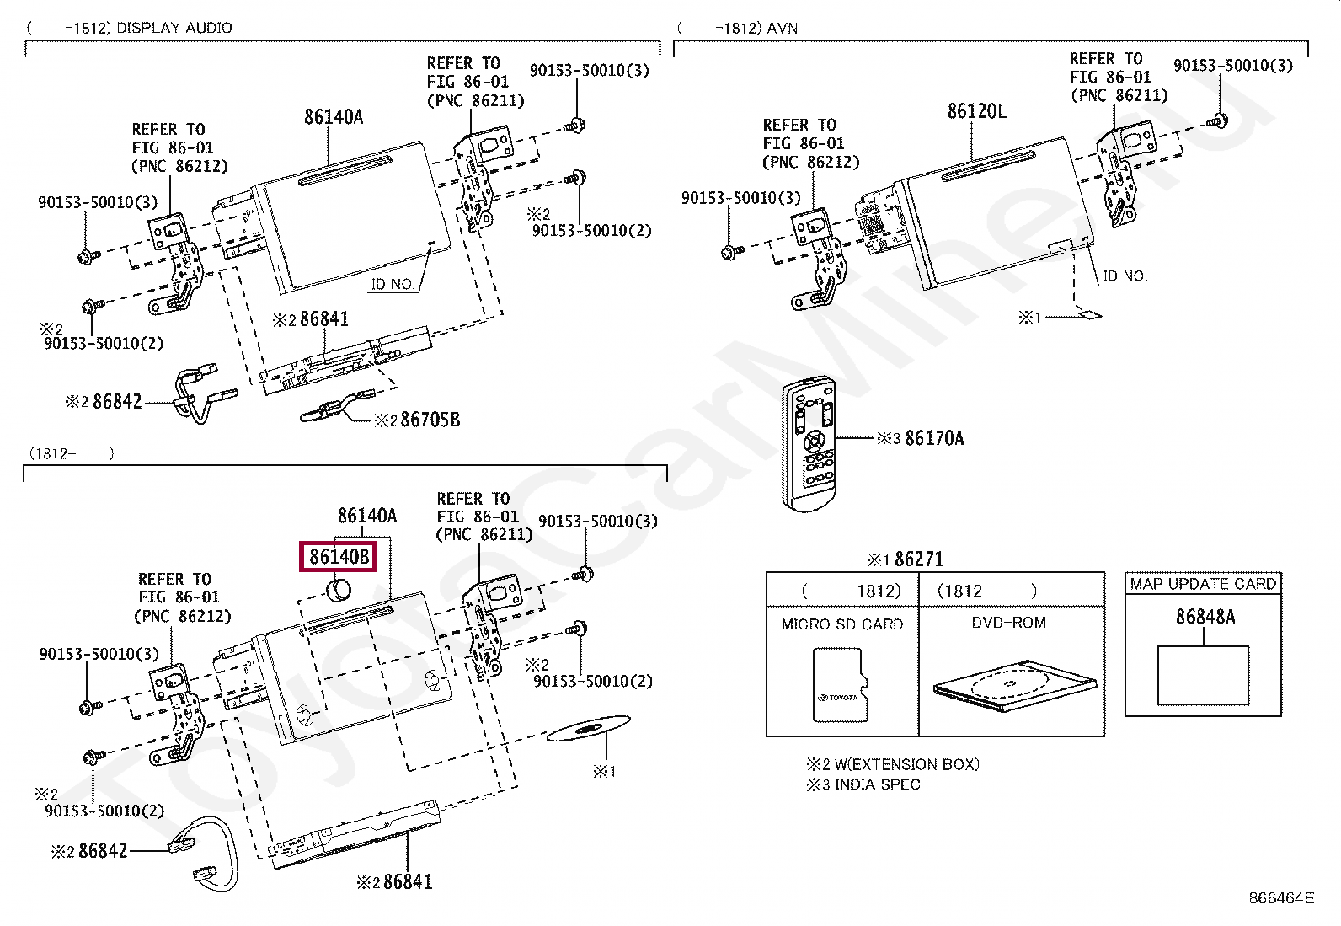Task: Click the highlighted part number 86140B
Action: (x=339, y=557)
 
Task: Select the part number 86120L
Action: (x=976, y=111)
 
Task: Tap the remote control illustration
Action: (x=808, y=444)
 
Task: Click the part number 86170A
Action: (x=934, y=438)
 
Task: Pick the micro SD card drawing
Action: (x=840, y=685)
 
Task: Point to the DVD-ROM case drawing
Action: (x=1015, y=687)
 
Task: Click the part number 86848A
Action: (x=1205, y=617)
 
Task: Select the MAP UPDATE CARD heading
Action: (x=1203, y=584)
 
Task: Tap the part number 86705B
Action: (x=430, y=420)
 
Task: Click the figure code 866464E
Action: (x=1281, y=898)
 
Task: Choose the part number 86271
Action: (x=919, y=559)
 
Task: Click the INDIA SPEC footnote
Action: (x=877, y=784)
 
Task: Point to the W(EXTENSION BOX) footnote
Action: (x=906, y=764)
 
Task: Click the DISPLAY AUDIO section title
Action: (x=174, y=28)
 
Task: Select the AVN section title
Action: (x=782, y=28)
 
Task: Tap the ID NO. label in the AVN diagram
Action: (x=1125, y=276)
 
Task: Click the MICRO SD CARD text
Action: (x=841, y=624)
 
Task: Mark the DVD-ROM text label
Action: (x=1009, y=623)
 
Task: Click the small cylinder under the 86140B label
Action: (x=339, y=590)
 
